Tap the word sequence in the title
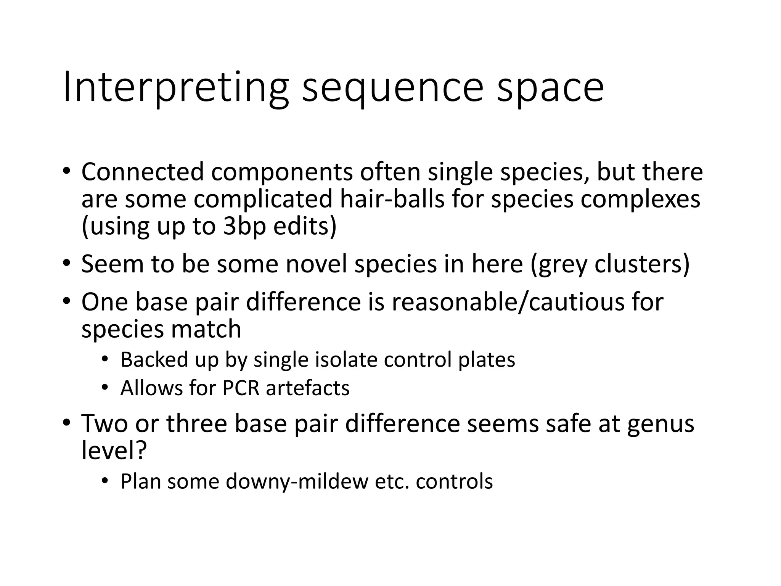393,90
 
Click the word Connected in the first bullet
143,172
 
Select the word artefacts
308,388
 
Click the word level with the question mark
114,451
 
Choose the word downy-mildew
297,481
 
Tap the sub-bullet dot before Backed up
105,360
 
